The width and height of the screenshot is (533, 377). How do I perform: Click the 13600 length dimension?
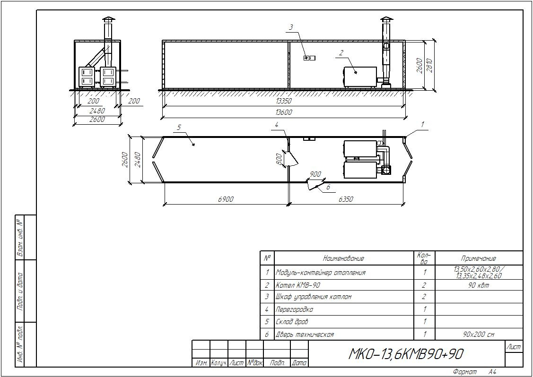284,112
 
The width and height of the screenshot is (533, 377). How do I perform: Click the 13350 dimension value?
284,101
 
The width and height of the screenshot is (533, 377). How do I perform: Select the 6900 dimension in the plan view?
226,199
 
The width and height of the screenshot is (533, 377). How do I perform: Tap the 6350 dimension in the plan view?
346,199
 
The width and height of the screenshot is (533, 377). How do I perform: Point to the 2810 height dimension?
429,65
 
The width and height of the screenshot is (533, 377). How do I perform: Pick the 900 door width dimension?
315,175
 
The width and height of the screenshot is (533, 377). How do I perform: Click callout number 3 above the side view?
291,27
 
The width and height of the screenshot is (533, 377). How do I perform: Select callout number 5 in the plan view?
179,128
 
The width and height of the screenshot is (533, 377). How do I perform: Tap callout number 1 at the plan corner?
422,125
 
